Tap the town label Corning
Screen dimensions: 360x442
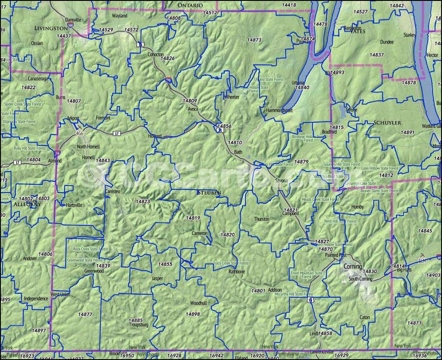point(353,266)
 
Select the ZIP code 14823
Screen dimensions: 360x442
point(142,201)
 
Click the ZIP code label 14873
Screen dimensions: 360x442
point(254,40)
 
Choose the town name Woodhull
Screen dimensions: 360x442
point(198,304)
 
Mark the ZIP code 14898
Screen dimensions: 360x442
point(193,314)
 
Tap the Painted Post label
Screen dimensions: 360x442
point(335,256)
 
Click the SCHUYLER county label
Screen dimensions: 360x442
point(387,122)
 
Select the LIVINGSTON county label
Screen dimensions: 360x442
point(51,28)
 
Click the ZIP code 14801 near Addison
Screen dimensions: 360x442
point(258,290)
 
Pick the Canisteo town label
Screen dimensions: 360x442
point(112,191)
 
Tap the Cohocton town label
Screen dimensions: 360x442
point(155,54)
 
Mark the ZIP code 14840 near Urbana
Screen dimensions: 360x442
point(302,88)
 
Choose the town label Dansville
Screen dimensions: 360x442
point(73,20)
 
